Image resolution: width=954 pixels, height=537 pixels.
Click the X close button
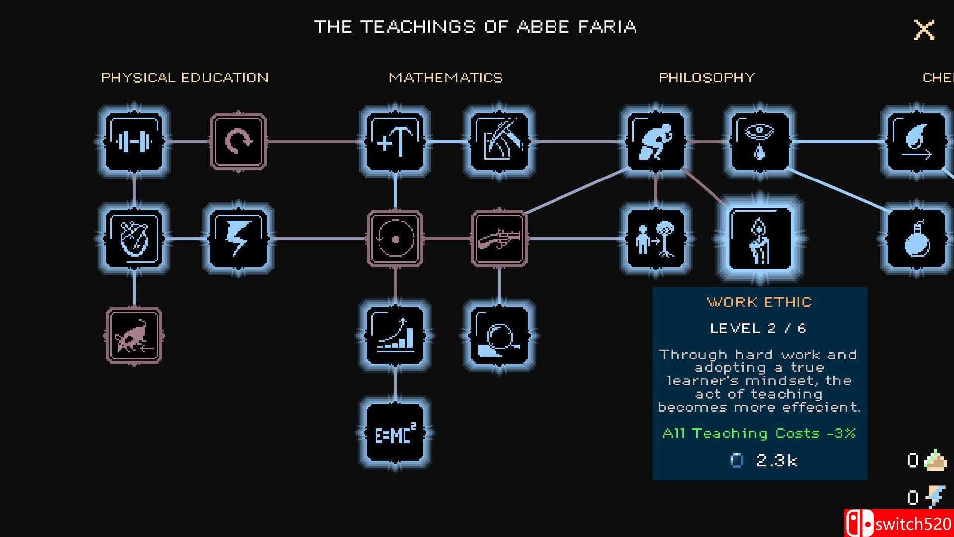click(924, 30)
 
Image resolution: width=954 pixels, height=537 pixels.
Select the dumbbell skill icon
click(134, 142)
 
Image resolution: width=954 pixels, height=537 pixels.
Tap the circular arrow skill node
click(238, 142)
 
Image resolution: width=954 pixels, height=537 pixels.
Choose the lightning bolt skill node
click(238, 239)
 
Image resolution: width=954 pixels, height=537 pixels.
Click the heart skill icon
click(134, 239)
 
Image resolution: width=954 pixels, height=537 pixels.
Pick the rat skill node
click(134, 336)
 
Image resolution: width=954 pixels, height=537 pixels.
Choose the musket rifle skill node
click(499, 239)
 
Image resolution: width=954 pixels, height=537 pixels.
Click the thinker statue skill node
click(656, 142)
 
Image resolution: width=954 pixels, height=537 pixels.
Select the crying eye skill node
click(759, 142)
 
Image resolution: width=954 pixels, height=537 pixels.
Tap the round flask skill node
click(915, 239)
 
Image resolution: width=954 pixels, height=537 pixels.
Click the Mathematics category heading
click(446, 78)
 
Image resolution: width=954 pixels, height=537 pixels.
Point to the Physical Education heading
click(185, 78)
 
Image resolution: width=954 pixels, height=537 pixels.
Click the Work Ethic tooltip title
click(759, 302)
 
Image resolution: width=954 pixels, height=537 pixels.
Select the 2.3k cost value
click(777, 460)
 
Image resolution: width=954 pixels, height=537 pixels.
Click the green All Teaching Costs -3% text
click(759, 433)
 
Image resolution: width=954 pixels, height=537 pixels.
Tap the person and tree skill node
click(656, 239)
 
